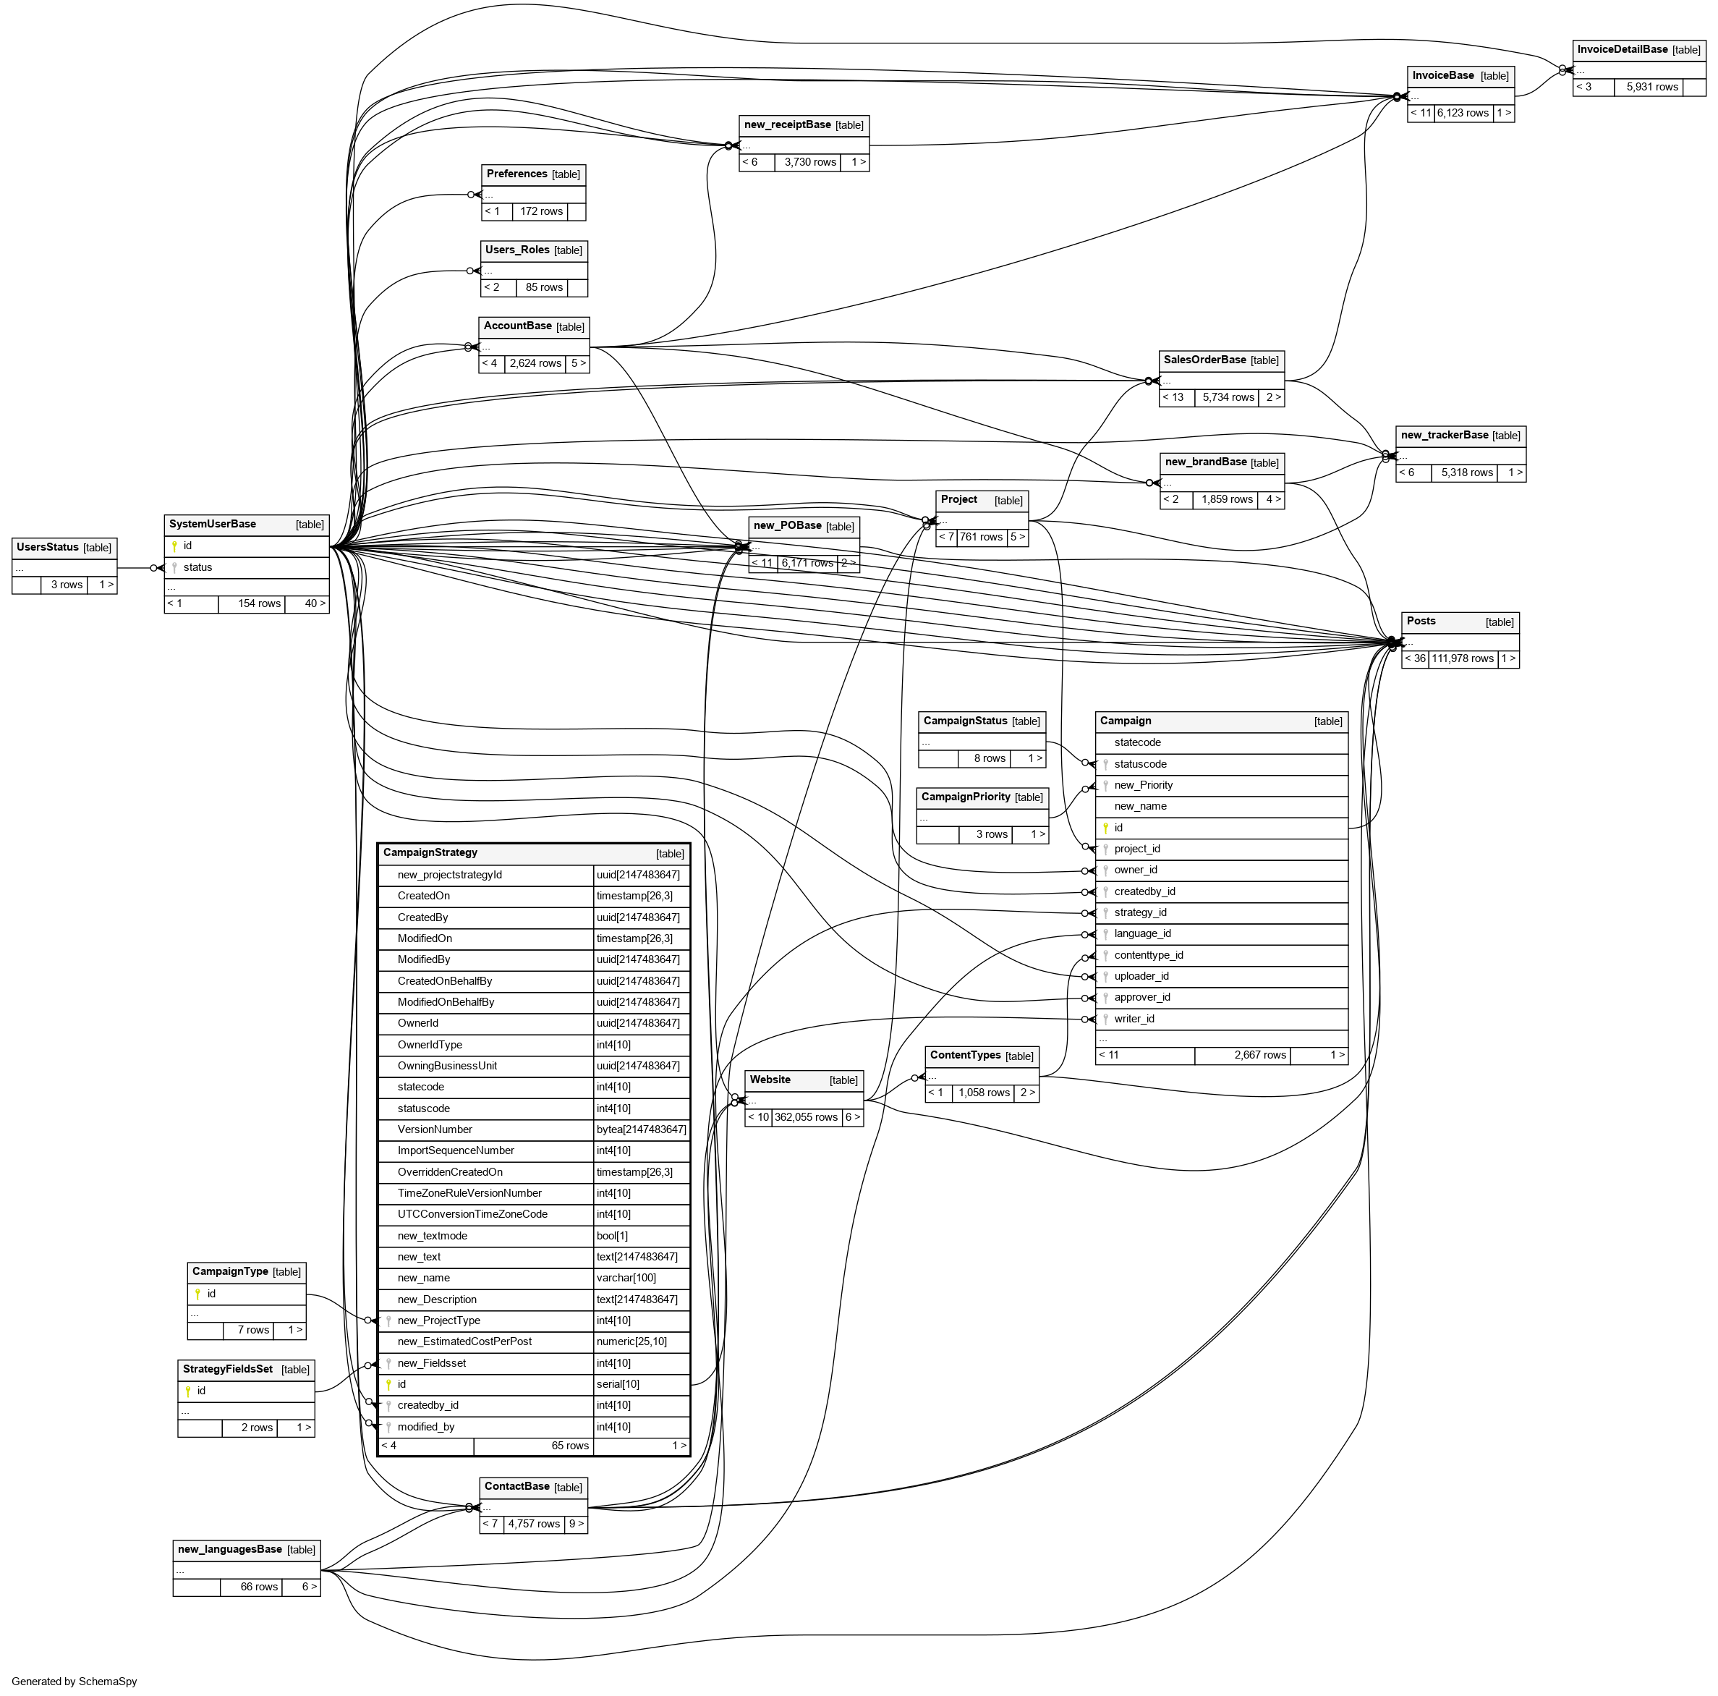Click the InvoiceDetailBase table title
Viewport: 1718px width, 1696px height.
click(1622, 50)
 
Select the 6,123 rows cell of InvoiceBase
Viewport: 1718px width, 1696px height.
click(1463, 113)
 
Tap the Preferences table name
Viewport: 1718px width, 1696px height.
click(516, 174)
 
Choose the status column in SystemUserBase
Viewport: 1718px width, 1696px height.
click(197, 567)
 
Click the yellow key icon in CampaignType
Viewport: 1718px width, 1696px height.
click(197, 1294)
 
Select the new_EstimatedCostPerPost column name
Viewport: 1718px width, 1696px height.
click(464, 1341)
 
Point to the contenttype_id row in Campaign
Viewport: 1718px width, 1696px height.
click(1148, 955)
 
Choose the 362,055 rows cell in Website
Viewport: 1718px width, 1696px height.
click(806, 1117)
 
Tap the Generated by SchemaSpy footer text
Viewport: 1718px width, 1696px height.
click(75, 1681)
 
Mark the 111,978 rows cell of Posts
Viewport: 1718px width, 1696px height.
click(1462, 658)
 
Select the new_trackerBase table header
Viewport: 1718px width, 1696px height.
click(1444, 435)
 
